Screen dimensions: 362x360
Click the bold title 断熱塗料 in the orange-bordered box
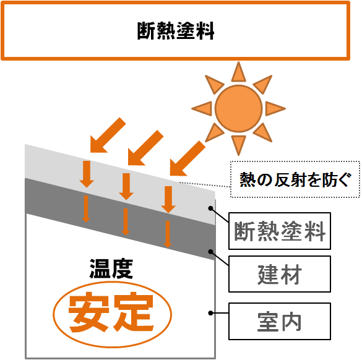(x=176, y=31)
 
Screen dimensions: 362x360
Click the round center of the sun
(x=238, y=108)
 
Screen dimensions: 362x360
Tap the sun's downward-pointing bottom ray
(x=238, y=145)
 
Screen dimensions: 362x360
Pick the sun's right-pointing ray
(x=275, y=108)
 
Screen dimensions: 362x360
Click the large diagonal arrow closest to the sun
(x=187, y=158)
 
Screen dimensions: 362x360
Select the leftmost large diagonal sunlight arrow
(x=108, y=135)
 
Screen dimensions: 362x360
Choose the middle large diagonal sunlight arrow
(x=145, y=148)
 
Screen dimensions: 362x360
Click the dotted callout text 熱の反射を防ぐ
(x=295, y=179)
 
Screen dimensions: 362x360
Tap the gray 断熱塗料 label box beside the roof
(x=280, y=231)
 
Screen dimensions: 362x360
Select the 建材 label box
(x=280, y=274)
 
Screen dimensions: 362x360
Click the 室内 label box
(x=280, y=321)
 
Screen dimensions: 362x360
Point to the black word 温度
(x=111, y=268)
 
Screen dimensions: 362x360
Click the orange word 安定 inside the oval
(x=111, y=312)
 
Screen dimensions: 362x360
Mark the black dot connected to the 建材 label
(x=210, y=252)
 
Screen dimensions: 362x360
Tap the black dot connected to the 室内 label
(x=210, y=313)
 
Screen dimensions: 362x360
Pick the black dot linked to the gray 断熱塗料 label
(x=210, y=208)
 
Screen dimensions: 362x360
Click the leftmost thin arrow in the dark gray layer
(x=86, y=209)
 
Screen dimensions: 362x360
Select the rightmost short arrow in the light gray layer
(x=168, y=200)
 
